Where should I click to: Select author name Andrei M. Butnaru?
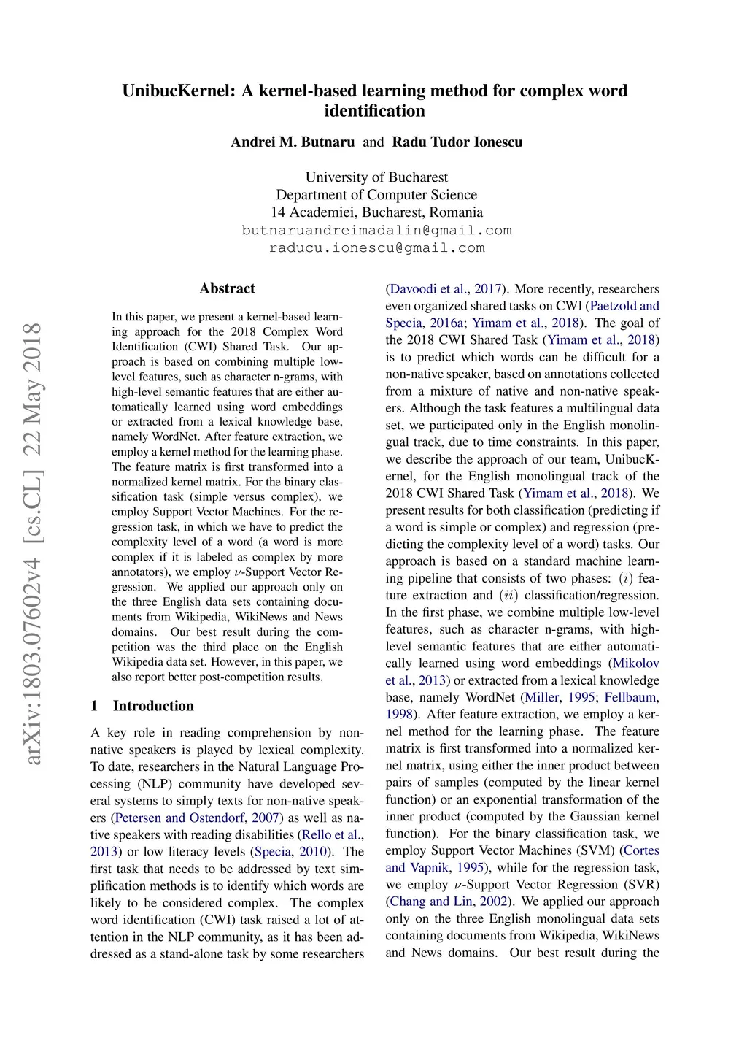click(293, 142)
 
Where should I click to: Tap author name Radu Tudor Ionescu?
click(457, 142)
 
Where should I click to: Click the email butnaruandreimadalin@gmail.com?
click(376, 231)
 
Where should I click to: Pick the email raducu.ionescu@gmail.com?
click(376, 248)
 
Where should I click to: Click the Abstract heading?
click(227, 288)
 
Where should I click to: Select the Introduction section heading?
click(153, 706)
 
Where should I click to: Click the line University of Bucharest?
click(376, 177)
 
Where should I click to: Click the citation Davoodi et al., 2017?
click(443, 289)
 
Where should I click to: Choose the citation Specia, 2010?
click(290, 852)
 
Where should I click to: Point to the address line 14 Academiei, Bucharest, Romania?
click(376, 212)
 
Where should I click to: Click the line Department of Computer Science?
click(376, 195)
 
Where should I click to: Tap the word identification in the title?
click(374, 111)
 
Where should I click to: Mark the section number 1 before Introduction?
click(94, 706)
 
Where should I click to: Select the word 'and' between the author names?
click(373, 142)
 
